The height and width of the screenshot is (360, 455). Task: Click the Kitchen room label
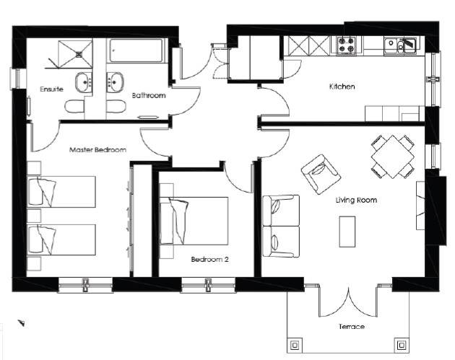pyautogui.click(x=342, y=87)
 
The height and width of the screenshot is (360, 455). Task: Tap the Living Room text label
pyautogui.click(x=356, y=200)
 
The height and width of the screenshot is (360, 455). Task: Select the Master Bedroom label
pyautogui.click(x=97, y=150)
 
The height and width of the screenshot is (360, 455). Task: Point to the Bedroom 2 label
pyautogui.click(x=209, y=259)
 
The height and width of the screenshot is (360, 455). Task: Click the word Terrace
pyautogui.click(x=352, y=327)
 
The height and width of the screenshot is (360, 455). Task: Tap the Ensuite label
pyautogui.click(x=51, y=89)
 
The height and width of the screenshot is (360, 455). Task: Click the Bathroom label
pyautogui.click(x=149, y=95)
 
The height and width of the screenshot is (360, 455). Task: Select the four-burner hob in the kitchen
pyautogui.click(x=347, y=45)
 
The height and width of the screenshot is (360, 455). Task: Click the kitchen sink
pyautogui.click(x=400, y=45)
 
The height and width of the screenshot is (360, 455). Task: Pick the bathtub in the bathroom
pyautogui.click(x=136, y=51)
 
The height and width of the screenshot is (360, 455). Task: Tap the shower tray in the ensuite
pyautogui.click(x=75, y=54)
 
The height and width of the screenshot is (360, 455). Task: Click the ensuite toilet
pyautogui.click(x=74, y=107)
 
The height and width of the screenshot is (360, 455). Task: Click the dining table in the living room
pyautogui.click(x=393, y=157)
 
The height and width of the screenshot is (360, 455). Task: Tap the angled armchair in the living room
pyautogui.click(x=321, y=174)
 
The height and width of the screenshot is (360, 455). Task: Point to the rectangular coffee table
pyautogui.click(x=347, y=232)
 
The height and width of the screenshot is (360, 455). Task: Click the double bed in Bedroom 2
pyautogui.click(x=194, y=221)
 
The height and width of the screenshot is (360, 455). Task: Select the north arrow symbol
pyautogui.click(x=21, y=323)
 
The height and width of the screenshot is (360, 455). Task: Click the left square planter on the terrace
pyautogui.click(x=295, y=346)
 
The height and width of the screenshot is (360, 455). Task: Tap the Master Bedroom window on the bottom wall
pyautogui.click(x=85, y=285)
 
